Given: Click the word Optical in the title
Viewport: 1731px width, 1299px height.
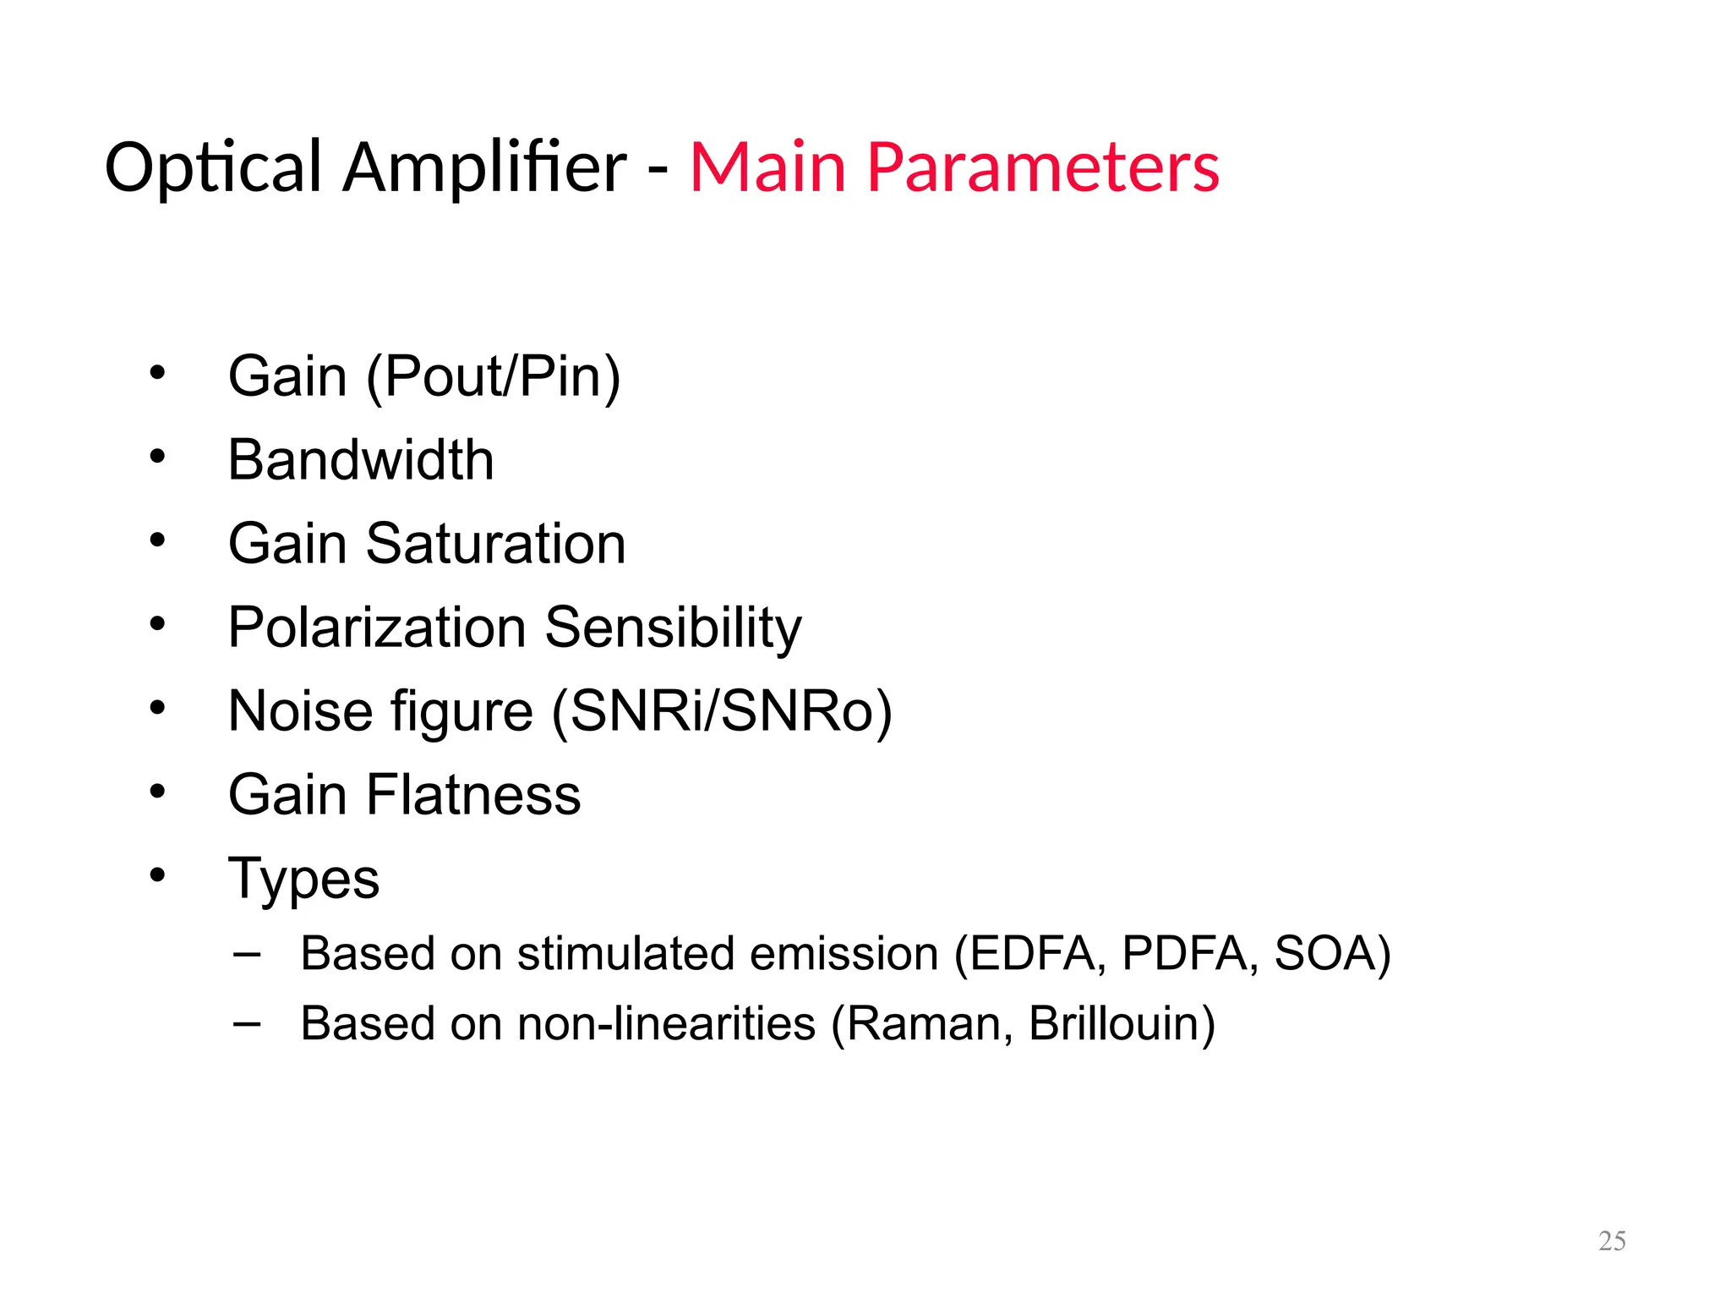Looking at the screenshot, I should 213,167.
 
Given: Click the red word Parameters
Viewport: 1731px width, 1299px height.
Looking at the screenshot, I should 1043,167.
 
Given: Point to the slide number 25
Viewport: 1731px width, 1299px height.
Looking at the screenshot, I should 1612,1241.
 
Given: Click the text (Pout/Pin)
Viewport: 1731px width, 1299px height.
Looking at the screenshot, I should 494,376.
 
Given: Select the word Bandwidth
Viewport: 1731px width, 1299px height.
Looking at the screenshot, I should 361,460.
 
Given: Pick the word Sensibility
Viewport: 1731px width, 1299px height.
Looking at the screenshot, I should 673,628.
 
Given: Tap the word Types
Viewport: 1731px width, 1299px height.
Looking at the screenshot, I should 303,879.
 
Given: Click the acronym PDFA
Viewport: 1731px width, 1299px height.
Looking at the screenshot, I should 1184,953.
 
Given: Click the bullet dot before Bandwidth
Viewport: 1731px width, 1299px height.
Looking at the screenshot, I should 157,458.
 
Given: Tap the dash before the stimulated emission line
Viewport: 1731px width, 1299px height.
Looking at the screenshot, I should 247,954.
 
